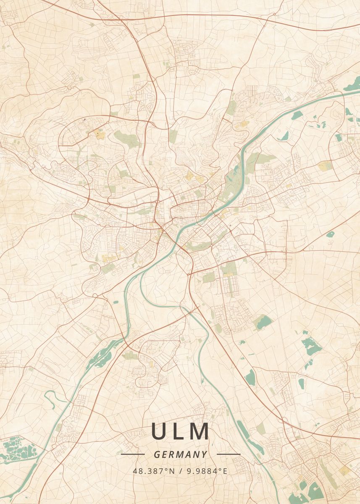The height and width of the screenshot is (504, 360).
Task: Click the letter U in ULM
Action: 160,432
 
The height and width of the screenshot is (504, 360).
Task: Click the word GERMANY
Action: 180,454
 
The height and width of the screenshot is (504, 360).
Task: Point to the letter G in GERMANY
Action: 157,454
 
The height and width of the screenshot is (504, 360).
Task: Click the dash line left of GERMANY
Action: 132,454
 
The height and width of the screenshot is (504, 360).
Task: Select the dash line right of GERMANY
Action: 229,454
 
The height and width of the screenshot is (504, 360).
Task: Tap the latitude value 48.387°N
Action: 154,471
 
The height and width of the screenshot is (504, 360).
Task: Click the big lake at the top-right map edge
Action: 352,84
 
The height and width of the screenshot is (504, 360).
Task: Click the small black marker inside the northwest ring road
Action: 84,120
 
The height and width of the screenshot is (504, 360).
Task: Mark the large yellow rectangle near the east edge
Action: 324,166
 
